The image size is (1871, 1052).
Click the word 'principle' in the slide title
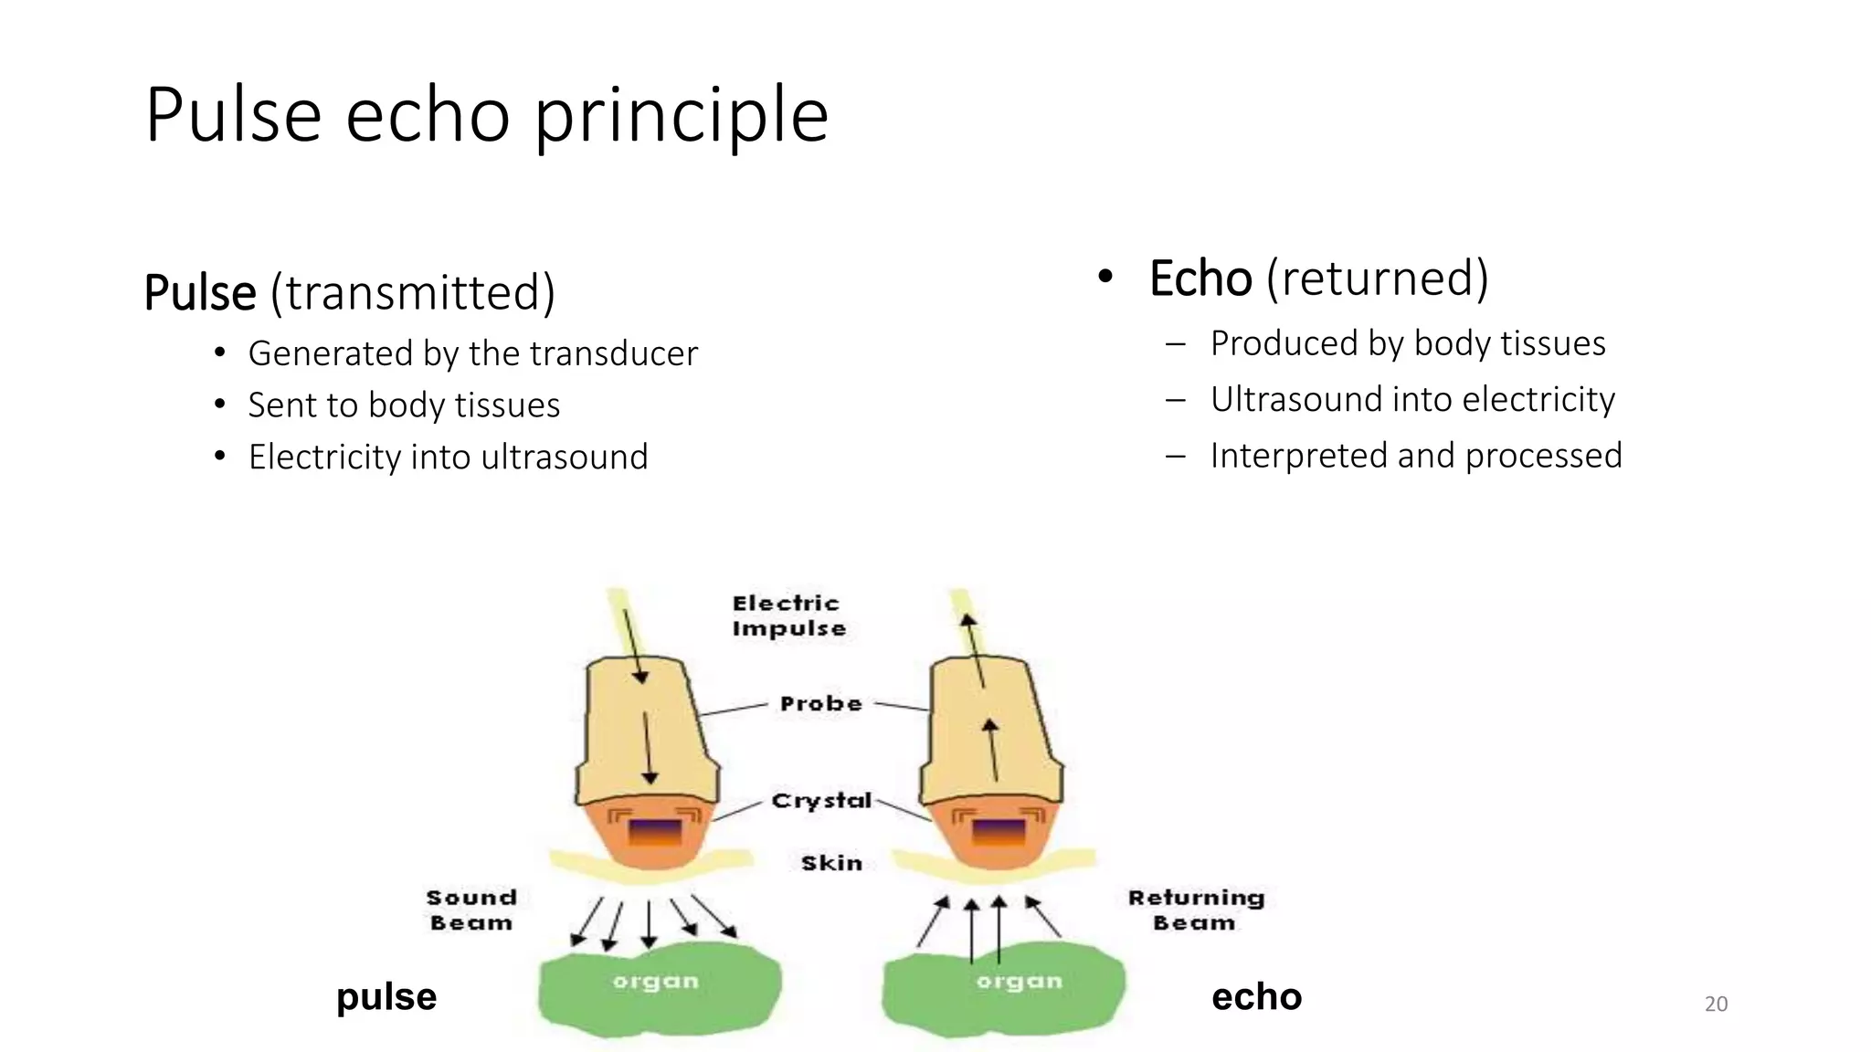click(681, 116)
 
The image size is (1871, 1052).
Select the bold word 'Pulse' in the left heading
click(200, 293)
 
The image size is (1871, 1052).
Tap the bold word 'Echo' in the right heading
click(1200, 279)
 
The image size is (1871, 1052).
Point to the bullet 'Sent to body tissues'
click(404, 405)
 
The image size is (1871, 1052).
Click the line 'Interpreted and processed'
click(1416, 456)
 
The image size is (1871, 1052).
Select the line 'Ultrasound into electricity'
click(1412, 400)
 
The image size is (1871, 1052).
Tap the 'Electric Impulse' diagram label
click(788, 616)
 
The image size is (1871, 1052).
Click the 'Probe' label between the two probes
click(820, 704)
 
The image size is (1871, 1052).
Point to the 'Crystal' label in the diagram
click(821, 801)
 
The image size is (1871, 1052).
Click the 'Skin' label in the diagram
click(831, 863)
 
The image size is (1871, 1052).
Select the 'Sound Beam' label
click(471, 910)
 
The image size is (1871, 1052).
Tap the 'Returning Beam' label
click(1195, 910)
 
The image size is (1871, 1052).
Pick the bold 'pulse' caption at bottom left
click(386, 997)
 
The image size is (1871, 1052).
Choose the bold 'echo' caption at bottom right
click(1256, 997)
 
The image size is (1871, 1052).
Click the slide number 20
click(1716, 1005)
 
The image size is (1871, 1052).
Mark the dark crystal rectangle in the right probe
click(998, 832)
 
